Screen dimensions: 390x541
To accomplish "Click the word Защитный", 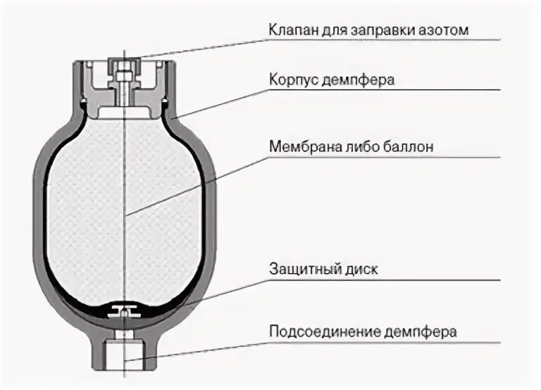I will pos(299,270).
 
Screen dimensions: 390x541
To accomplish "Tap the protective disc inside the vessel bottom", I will pos(123,309).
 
